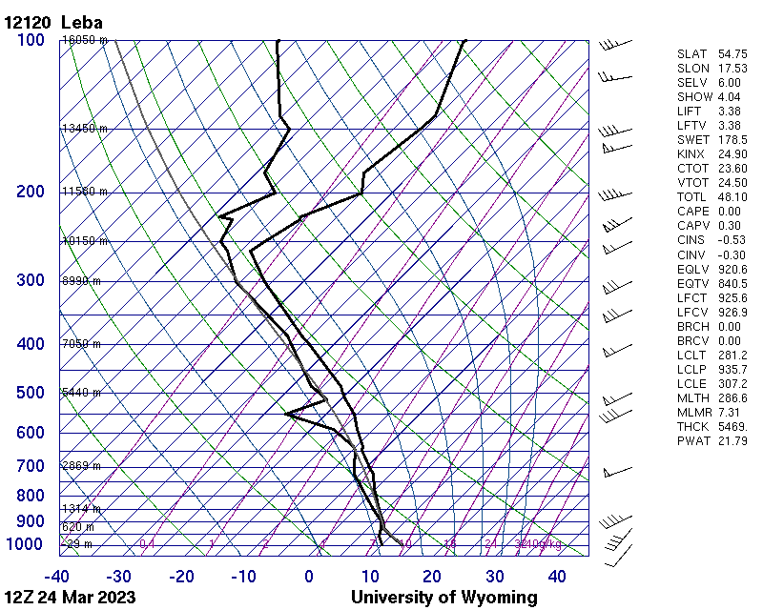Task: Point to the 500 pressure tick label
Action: pyautogui.click(x=31, y=393)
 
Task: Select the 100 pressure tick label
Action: pyautogui.click(x=31, y=40)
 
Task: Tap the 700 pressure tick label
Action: pyautogui.click(x=31, y=466)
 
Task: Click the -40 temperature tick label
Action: pyautogui.click(x=56, y=577)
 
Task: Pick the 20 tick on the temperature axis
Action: pyautogui.click(x=432, y=577)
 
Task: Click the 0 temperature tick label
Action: pyautogui.click(x=309, y=577)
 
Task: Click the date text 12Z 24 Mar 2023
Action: pyautogui.click(x=70, y=598)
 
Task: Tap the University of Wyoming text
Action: pyautogui.click(x=443, y=598)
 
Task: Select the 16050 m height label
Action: pyautogui.click(x=84, y=40)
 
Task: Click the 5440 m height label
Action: pyautogui.click(x=81, y=393)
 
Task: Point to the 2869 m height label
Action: pyautogui.click(x=81, y=466)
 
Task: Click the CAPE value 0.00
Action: pyautogui.click(x=729, y=211)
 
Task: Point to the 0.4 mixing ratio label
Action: pyautogui.click(x=147, y=544)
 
